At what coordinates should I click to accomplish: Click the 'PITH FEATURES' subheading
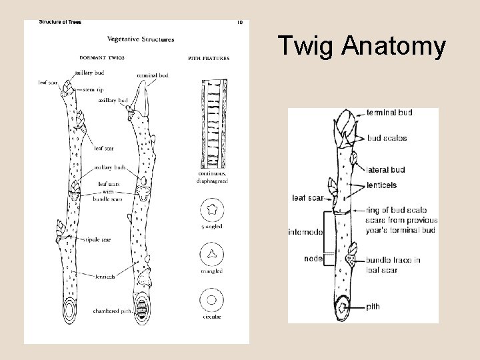(209, 58)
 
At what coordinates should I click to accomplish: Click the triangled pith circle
(211, 254)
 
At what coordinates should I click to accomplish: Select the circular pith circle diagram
(211, 299)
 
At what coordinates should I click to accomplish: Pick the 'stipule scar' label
(99, 238)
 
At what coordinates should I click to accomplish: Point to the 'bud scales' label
(387, 139)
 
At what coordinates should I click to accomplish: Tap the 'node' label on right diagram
(312, 257)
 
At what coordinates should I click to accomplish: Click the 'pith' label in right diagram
(373, 307)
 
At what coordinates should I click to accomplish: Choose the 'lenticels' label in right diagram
(383, 184)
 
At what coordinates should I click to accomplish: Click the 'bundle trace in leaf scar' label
(393, 265)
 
